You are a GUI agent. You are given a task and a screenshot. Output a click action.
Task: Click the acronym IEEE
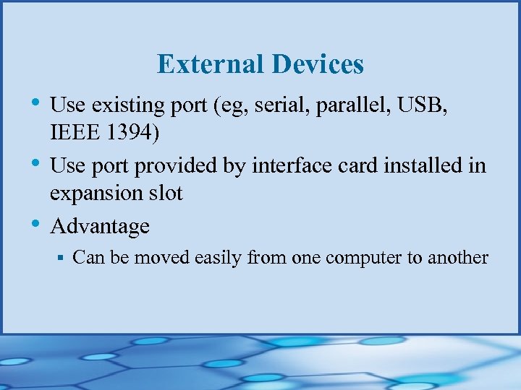point(72,133)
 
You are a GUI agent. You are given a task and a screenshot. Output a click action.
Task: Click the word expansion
point(95,194)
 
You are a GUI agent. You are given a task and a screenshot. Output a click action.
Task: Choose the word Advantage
point(100,227)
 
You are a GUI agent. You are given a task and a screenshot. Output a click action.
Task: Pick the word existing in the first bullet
point(127,105)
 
